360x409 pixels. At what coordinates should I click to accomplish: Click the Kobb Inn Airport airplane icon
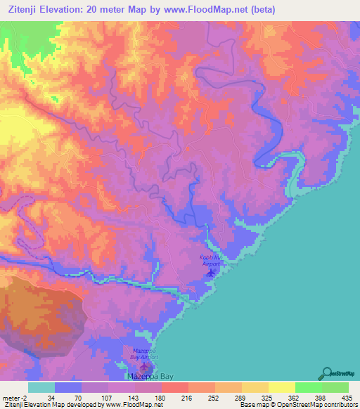coord(210,272)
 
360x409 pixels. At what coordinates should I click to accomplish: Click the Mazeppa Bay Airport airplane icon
coord(145,365)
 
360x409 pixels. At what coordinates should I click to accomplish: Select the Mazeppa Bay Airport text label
coord(145,353)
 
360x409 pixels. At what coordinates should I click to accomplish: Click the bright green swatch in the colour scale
coord(308,387)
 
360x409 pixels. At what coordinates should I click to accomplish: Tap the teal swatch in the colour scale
coord(41,387)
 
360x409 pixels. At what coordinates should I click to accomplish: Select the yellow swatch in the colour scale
coord(281,387)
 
